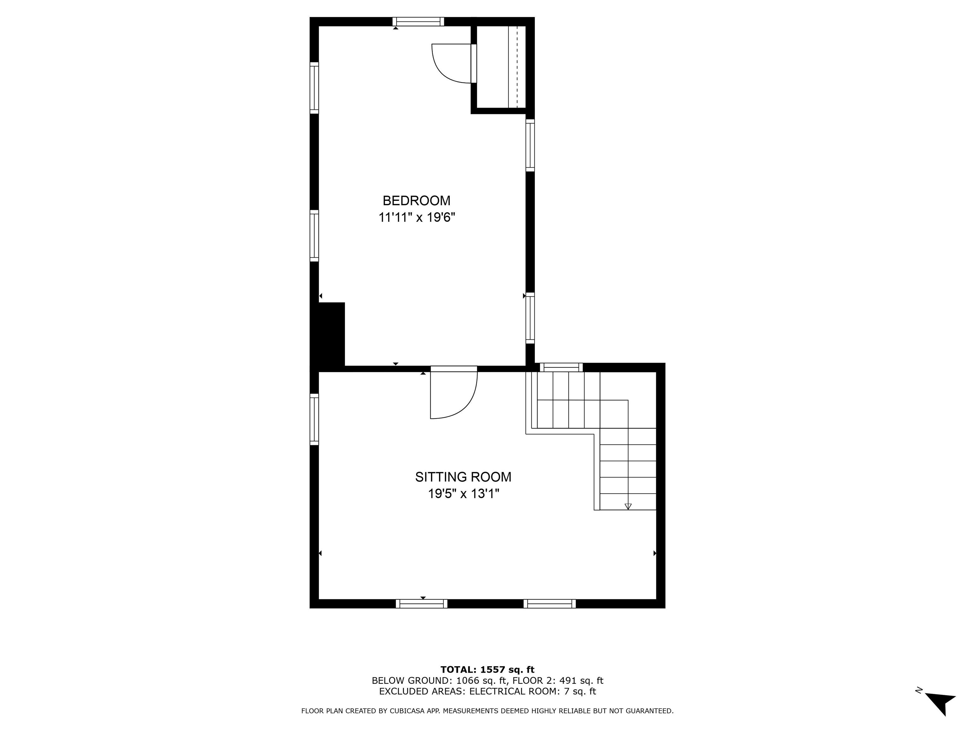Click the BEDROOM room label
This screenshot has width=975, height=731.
pyautogui.click(x=416, y=201)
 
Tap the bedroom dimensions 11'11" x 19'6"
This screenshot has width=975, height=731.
pyautogui.click(x=416, y=218)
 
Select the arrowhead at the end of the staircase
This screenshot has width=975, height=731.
pyautogui.click(x=628, y=506)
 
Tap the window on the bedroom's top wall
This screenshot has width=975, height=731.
pyautogui.click(x=418, y=22)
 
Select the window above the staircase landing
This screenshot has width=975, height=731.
pyautogui.click(x=561, y=367)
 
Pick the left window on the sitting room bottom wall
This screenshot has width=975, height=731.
pyautogui.click(x=421, y=604)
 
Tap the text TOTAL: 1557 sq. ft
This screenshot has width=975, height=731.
pyautogui.click(x=487, y=670)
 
